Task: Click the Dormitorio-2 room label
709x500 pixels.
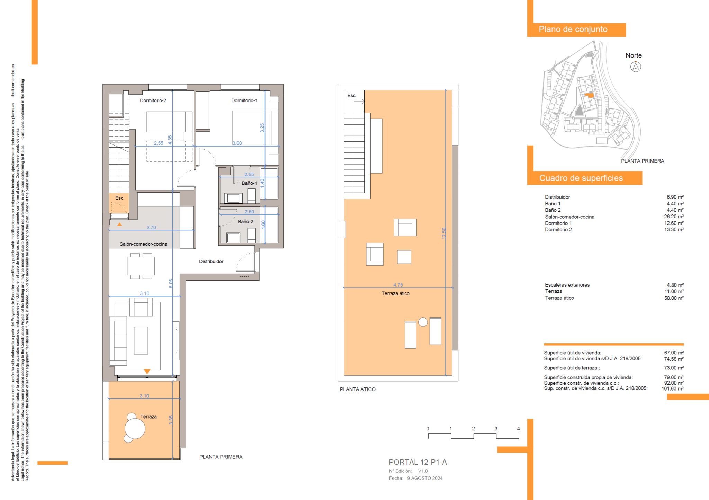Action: click(x=153, y=100)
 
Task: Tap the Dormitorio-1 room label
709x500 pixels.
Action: click(x=244, y=100)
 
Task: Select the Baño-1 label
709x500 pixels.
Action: click(x=249, y=183)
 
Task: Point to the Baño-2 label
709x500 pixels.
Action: click(x=245, y=221)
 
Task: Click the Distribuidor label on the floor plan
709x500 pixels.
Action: click(x=211, y=261)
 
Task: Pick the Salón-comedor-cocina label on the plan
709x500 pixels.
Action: click(x=143, y=244)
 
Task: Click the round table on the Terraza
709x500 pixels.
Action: click(x=135, y=429)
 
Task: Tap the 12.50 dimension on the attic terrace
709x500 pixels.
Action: click(x=444, y=233)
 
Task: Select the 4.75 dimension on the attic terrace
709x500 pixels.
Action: click(x=398, y=285)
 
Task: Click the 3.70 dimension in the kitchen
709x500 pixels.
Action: click(x=151, y=228)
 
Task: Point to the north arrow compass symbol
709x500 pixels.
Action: click(x=636, y=66)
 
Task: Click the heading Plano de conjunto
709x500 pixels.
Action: click(x=573, y=29)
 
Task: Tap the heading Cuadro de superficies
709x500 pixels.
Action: click(x=581, y=178)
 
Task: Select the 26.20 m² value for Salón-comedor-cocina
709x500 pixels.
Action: click(x=674, y=217)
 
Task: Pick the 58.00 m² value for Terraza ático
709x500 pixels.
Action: click(x=674, y=298)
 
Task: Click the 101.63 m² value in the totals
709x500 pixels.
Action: click(x=673, y=388)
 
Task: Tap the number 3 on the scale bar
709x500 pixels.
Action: click(x=496, y=429)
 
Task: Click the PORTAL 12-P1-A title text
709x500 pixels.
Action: click(x=418, y=462)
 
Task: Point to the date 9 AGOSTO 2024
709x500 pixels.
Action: click(x=425, y=478)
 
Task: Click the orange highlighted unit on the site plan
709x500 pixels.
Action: click(x=590, y=95)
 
